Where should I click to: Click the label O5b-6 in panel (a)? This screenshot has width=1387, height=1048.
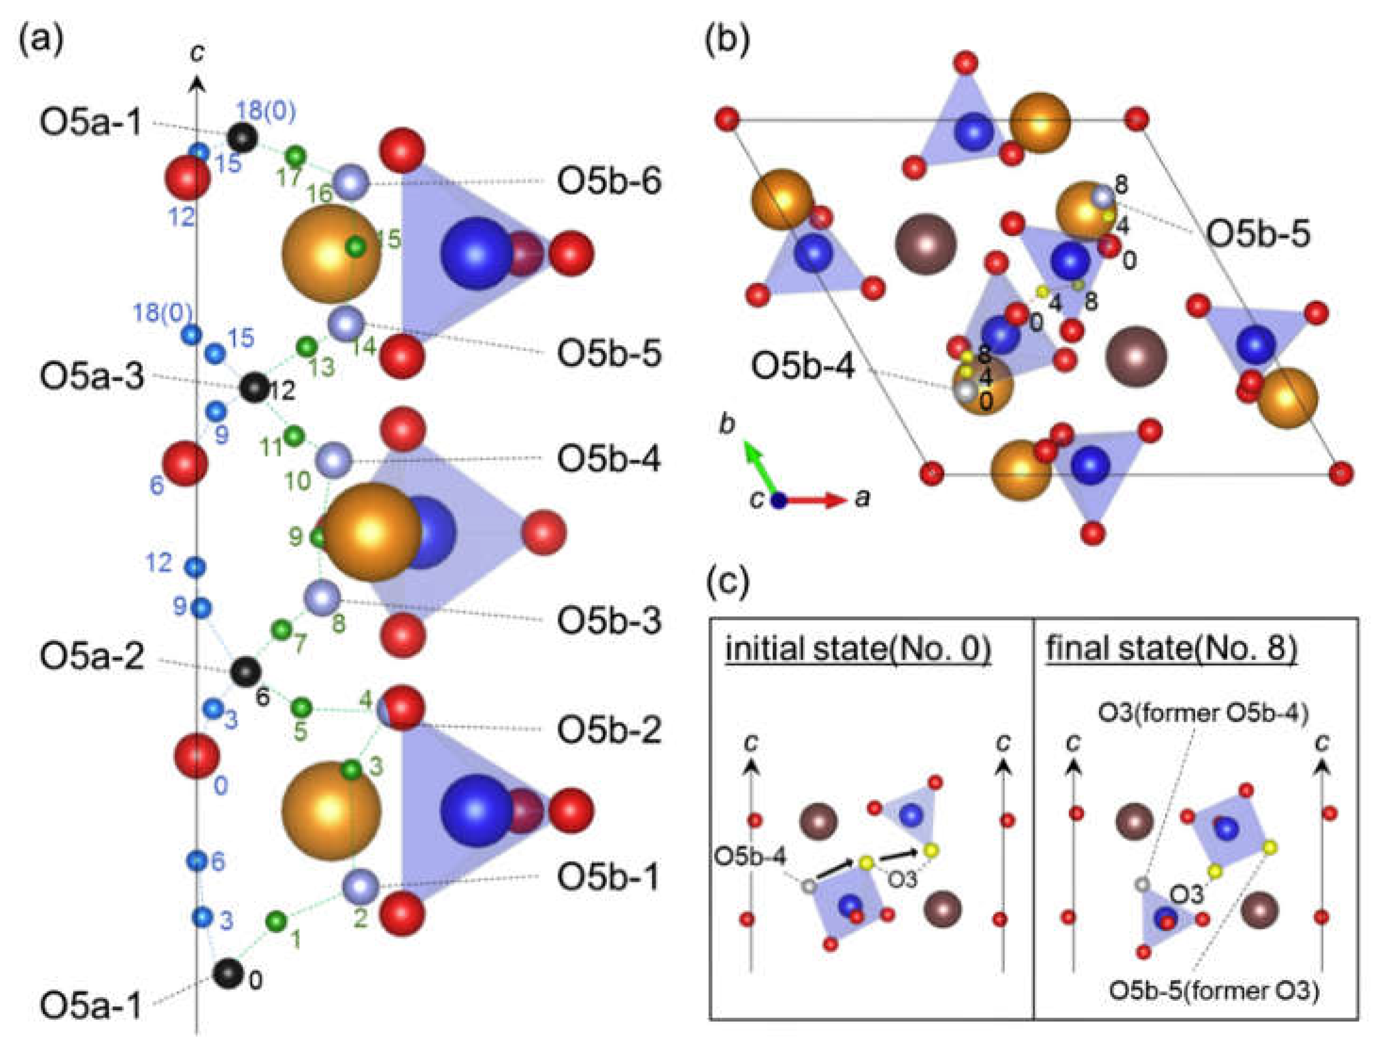[x=608, y=183]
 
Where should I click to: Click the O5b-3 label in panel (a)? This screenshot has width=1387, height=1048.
[x=608, y=621]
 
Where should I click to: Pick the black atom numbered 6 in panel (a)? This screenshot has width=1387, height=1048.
[x=245, y=672]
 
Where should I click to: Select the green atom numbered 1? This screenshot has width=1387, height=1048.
[x=276, y=921]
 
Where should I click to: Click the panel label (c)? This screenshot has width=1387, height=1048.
[x=727, y=582]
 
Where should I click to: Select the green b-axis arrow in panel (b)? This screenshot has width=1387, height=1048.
[x=760, y=467]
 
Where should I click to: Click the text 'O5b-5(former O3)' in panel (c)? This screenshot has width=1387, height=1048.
[x=1214, y=991]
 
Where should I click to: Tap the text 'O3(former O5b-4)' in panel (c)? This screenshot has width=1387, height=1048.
[x=1203, y=714]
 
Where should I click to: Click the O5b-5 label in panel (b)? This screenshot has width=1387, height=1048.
[x=1258, y=234]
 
